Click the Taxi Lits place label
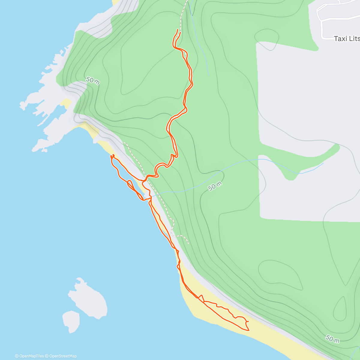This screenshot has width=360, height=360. click(346, 39)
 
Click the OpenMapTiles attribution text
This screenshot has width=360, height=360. click(29, 356)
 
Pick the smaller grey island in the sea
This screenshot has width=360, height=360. click(71, 322)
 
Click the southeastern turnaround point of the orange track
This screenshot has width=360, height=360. click(249, 330)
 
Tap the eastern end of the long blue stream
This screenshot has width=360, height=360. click(323, 164)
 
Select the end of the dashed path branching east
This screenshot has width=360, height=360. click(188, 244)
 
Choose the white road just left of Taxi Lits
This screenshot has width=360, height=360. click(322, 28)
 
